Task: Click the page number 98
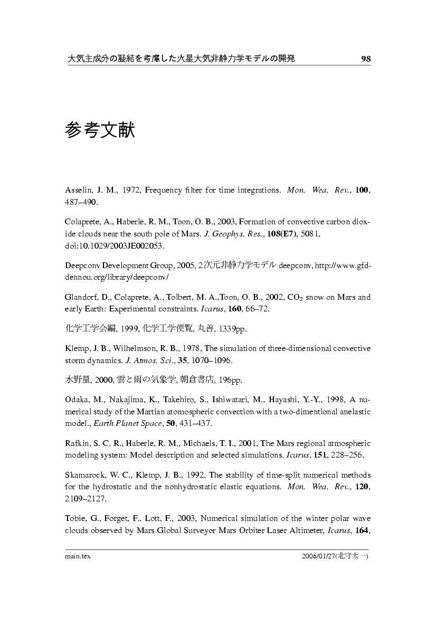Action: (x=366, y=59)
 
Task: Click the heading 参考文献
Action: (x=100, y=130)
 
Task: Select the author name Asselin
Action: (x=77, y=189)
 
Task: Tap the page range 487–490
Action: (x=81, y=202)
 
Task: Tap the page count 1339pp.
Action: (x=232, y=329)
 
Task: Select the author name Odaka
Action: (x=77, y=400)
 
